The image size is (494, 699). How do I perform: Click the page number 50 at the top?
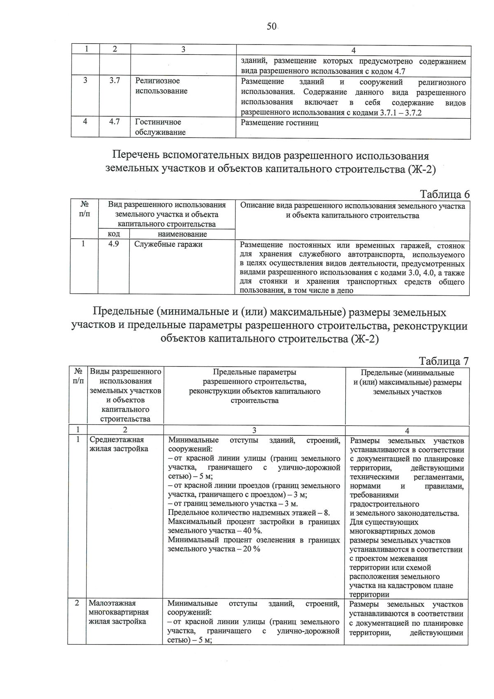pyautogui.click(x=271, y=26)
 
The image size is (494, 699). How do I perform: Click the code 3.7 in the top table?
pyautogui.click(x=114, y=81)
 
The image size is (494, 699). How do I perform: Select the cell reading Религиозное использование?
pyautogui.click(x=161, y=86)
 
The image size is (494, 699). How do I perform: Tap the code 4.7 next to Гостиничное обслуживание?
pyautogui.click(x=114, y=122)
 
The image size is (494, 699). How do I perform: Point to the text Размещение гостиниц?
pyautogui.click(x=280, y=123)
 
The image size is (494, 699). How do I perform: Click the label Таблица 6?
pyautogui.click(x=444, y=194)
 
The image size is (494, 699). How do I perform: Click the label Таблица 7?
pyautogui.click(x=443, y=361)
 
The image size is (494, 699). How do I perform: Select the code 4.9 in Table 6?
pyautogui.click(x=113, y=244)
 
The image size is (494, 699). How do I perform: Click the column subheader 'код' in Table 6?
pyautogui.click(x=114, y=234)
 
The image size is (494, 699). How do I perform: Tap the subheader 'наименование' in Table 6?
pyautogui.click(x=182, y=234)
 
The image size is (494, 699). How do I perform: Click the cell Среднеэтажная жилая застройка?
pyautogui.click(x=119, y=444)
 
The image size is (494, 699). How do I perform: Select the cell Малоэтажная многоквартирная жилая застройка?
pyautogui.click(x=119, y=613)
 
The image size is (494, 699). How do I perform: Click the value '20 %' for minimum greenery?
pyautogui.click(x=251, y=549)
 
